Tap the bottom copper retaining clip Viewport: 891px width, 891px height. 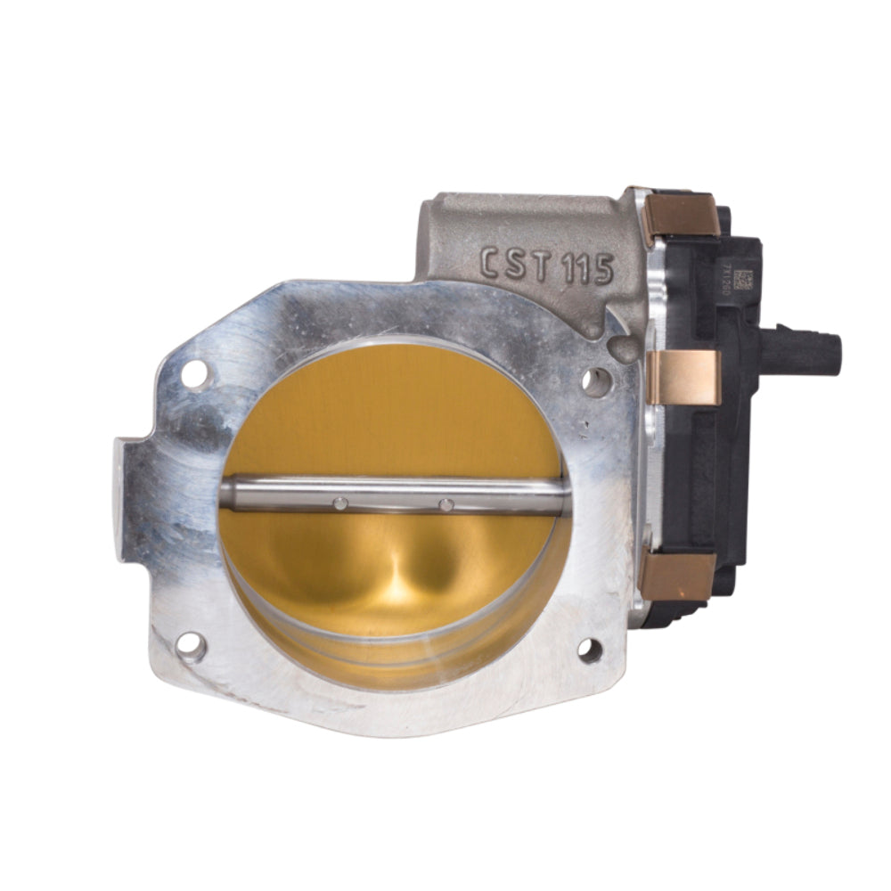678,576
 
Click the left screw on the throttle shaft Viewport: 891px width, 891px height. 339,504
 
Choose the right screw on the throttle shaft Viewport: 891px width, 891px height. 446,505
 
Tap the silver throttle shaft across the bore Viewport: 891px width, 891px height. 392,495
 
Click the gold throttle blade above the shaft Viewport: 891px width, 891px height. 392,410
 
